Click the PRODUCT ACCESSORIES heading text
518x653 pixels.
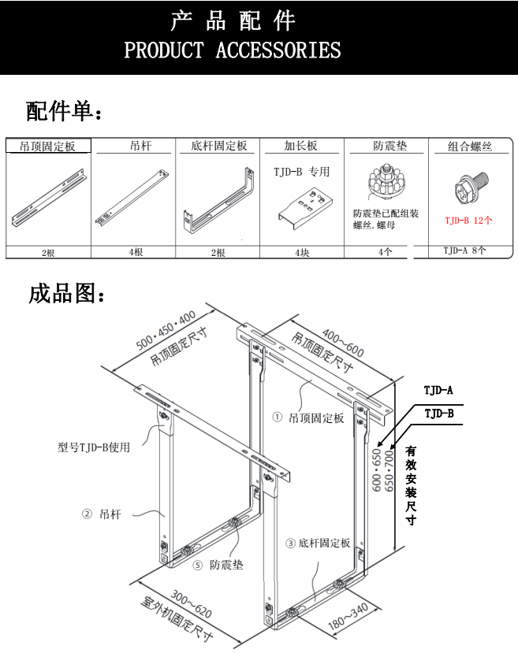point(233,51)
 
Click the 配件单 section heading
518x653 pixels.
point(64,112)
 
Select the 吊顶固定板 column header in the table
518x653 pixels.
point(48,147)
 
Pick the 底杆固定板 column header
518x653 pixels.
point(218,147)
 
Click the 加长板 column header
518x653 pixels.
point(301,147)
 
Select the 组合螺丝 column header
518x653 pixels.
point(470,147)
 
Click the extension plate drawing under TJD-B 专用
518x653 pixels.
point(303,207)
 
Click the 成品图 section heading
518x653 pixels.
point(67,294)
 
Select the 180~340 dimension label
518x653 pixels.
point(348,617)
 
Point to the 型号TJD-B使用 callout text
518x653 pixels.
point(94,447)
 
